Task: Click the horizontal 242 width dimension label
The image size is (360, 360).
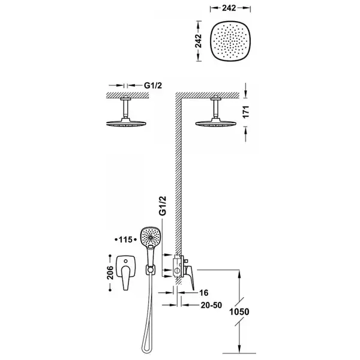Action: pos(229,8)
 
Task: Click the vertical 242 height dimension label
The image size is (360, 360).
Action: pos(199,41)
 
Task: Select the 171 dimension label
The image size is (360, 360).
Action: pos(246,112)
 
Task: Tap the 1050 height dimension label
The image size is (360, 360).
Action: pos(239,311)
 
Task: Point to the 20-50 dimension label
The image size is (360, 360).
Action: pos(211,305)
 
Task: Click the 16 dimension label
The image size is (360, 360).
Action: pos(203,293)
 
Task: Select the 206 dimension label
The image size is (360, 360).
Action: pos(110,272)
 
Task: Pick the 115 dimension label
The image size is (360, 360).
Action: pos(125,239)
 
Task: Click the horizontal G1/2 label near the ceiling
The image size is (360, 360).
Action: pos(153,85)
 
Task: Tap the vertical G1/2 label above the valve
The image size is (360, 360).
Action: pos(163,206)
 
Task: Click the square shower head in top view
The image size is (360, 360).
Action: pos(230,41)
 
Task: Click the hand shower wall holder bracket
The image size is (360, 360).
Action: pos(151,270)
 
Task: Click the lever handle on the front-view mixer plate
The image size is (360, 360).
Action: pos(126,277)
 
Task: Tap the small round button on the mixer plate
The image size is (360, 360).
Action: pos(125,261)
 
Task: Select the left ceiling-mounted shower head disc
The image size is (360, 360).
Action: pos(126,123)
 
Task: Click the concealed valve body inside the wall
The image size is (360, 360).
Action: pos(177,266)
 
